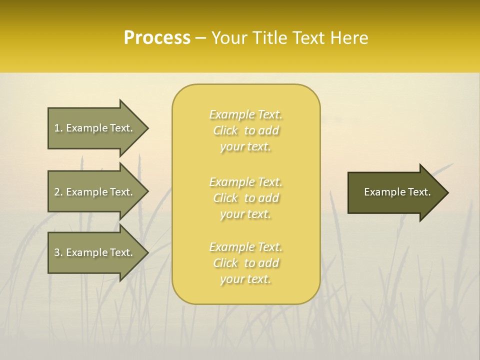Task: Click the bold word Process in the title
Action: [157, 38]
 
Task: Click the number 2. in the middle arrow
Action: [58, 192]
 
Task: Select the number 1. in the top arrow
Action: [58, 128]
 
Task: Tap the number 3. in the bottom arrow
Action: [58, 252]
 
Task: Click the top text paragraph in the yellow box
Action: [246, 130]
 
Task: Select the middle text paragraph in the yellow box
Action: [246, 198]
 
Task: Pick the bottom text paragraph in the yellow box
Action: [246, 263]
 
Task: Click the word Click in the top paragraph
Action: [225, 130]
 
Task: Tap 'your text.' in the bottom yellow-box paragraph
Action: [245, 279]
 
